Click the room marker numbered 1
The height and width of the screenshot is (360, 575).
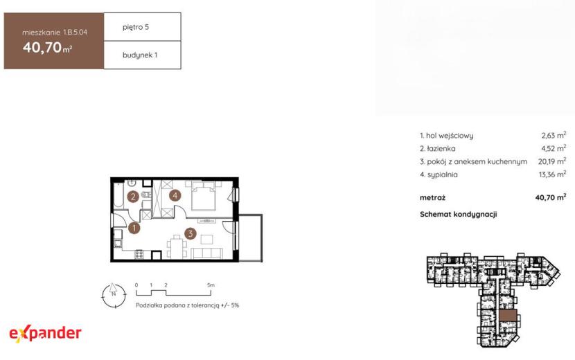[x=134, y=228]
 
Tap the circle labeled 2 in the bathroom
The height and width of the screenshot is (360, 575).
[x=133, y=197]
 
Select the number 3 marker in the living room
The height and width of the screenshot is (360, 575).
[x=191, y=233]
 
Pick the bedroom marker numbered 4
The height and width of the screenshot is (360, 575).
[x=175, y=195]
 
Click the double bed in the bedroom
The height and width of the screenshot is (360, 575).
[x=204, y=196]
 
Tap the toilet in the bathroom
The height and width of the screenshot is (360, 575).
[x=146, y=195]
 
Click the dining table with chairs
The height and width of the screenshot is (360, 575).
[x=177, y=247]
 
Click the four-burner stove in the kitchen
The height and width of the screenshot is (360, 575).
[x=139, y=254]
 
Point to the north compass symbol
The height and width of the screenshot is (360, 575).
[x=114, y=295]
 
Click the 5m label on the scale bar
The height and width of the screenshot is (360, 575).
[x=211, y=285]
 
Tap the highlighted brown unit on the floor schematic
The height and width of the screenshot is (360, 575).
[x=508, y=315]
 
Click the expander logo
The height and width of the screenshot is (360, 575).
[x=45, y=333]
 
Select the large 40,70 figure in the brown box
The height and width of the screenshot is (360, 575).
[x=42, y=47]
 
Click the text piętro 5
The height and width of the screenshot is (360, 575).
[x=136, y=27]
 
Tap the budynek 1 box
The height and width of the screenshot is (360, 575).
[x=142, y=55]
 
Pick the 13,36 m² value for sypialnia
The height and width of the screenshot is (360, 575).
[x=552, y=174]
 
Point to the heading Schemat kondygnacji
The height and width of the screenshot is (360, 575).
[x=459, y=214]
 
